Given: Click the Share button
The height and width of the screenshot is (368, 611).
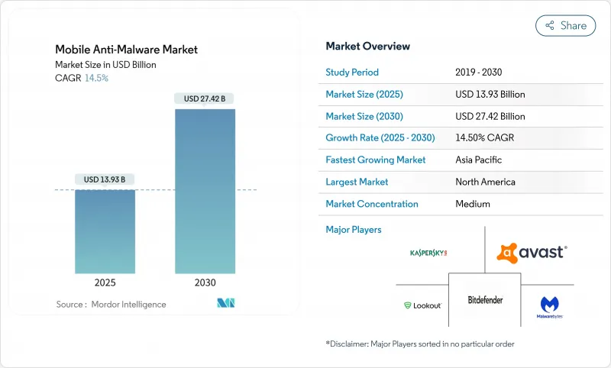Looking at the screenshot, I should (565, 25).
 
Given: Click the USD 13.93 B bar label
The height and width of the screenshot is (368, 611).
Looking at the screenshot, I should (105, 179).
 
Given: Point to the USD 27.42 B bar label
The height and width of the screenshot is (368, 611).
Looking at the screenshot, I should (205, 98).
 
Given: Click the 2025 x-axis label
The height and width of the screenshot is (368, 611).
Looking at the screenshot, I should (105, 282).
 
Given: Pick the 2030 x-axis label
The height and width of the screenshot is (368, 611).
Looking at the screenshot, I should (205, 282).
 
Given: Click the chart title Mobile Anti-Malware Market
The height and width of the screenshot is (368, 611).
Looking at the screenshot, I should (126, 50).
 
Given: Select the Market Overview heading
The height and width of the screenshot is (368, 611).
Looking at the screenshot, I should (367, 47).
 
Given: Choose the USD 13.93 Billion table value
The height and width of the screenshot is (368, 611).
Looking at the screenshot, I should (490, 95).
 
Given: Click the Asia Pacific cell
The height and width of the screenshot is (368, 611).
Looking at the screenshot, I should (480, 160).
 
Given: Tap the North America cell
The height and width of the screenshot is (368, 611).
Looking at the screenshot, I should (484, 182).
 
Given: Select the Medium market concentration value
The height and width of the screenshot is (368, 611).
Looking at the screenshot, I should (472, 204).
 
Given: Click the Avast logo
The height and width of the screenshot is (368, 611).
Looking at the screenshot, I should (532, 252).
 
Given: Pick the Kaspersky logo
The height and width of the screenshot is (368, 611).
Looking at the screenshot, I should (428, 252).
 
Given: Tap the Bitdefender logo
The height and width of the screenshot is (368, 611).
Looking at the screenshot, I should (485, 300).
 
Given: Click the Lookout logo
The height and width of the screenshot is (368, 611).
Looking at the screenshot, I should (422, 305).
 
